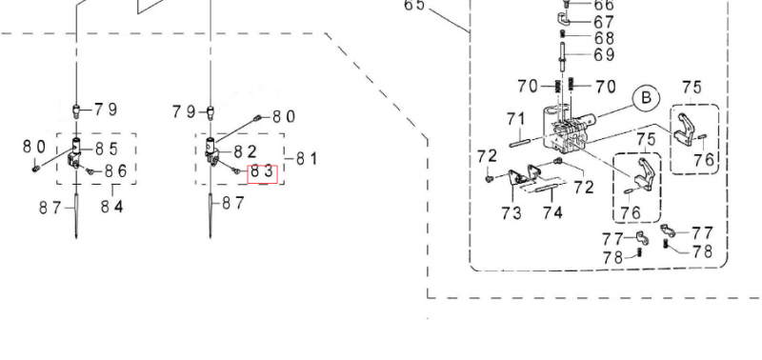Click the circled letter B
[646, 99]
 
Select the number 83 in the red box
[263, 173]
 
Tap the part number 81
[306, 158]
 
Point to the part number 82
[246, 152]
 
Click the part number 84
[112, 207]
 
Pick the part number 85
[107, 149]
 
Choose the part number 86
[115, 170]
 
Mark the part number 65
[414, 5]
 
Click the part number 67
[604, 22]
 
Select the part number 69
[605, 54]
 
